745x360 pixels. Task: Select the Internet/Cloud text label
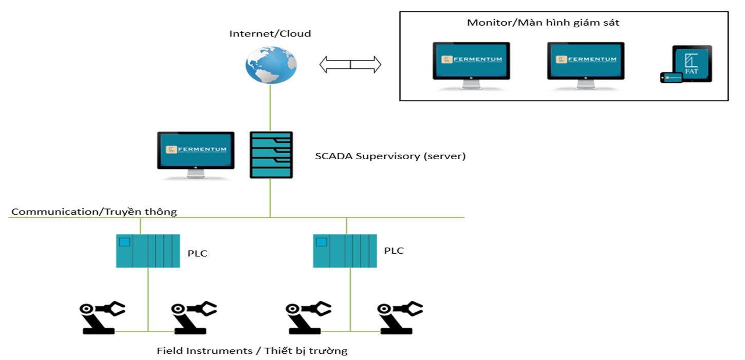click(270, 34)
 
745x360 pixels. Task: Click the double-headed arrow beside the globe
click(350, 65)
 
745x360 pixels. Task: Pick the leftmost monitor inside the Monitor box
click(471, 62)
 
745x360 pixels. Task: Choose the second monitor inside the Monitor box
click(586, 62)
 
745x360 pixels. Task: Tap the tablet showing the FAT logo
click(693, 63)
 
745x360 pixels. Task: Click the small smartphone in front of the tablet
click(671, 78)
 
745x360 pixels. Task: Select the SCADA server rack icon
click(271, 155)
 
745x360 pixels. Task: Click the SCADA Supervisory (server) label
click(390, 156)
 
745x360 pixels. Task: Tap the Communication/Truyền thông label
click(94, 212)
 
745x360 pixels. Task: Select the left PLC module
click(148, 251)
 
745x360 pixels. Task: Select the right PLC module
click(345, 251)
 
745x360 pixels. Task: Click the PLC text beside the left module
click(197, 253)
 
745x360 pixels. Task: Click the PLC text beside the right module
click(394, 251)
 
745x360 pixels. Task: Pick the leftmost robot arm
click(102, 318)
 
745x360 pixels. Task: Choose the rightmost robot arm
click(399, 318)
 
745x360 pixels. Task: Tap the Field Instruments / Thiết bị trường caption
click(252, 351)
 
